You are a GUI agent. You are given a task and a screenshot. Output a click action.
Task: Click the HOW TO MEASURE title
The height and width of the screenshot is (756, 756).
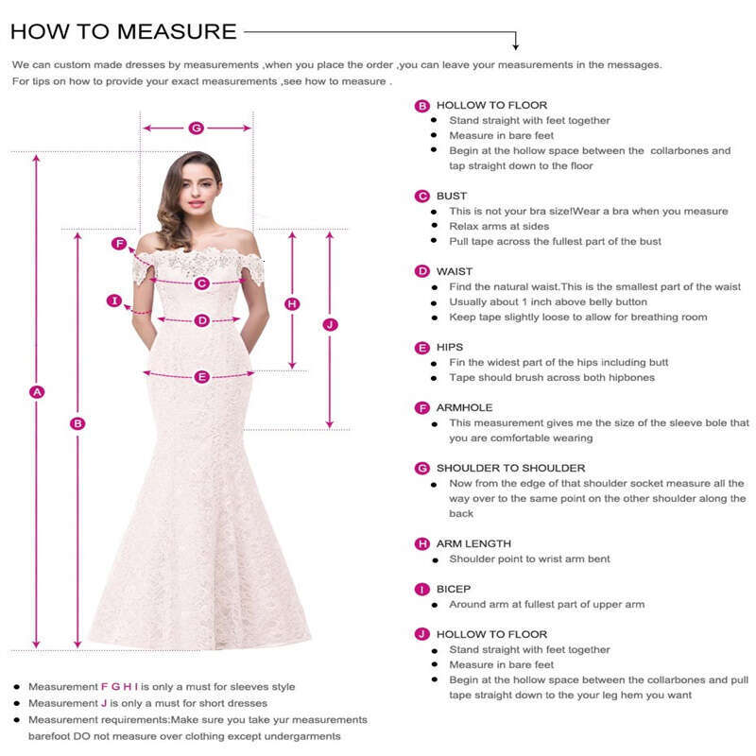[x=123, y=30]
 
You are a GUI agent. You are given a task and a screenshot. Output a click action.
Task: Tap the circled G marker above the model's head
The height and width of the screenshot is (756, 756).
[x=197, y=128]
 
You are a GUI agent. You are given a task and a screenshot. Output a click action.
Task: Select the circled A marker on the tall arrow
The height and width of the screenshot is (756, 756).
[x=38, y=391]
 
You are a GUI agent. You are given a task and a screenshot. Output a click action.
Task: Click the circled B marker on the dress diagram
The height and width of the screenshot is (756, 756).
[x=78, y=423]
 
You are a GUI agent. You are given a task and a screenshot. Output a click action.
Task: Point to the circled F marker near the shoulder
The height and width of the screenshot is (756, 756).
[x=119, y=244]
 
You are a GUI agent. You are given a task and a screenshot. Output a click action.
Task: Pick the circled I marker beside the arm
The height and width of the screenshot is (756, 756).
[x=114, y=301]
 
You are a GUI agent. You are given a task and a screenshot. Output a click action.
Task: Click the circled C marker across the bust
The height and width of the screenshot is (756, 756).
[x=201, y=283]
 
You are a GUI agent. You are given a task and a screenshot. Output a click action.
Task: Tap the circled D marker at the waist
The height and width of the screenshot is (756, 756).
[x=201, y=320]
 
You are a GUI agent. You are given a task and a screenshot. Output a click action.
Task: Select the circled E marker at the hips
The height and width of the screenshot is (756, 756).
[x=201, y=376]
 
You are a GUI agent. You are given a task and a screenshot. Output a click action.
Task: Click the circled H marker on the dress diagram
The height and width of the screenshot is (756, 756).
[x=292, y=303]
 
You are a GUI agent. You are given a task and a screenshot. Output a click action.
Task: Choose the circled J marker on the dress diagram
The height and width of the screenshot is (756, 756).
[x=330, y=324]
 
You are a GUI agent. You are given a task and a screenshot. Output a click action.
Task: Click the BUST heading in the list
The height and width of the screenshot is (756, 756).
[x=452, y=196]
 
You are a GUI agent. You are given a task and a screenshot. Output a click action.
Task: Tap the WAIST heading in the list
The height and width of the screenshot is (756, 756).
[x=455, y=271]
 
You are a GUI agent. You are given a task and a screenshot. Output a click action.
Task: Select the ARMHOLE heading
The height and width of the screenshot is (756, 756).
[x=464, y=407]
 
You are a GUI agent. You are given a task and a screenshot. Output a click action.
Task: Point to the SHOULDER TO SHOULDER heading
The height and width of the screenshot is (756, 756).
[x=510, y=468]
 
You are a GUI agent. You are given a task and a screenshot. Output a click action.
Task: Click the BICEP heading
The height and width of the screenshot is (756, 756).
[x=454, y=589]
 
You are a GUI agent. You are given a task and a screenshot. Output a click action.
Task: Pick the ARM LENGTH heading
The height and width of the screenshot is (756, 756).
[x=473, y=543]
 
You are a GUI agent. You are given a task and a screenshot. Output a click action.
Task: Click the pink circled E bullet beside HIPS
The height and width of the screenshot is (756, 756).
[x=422, y=348]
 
